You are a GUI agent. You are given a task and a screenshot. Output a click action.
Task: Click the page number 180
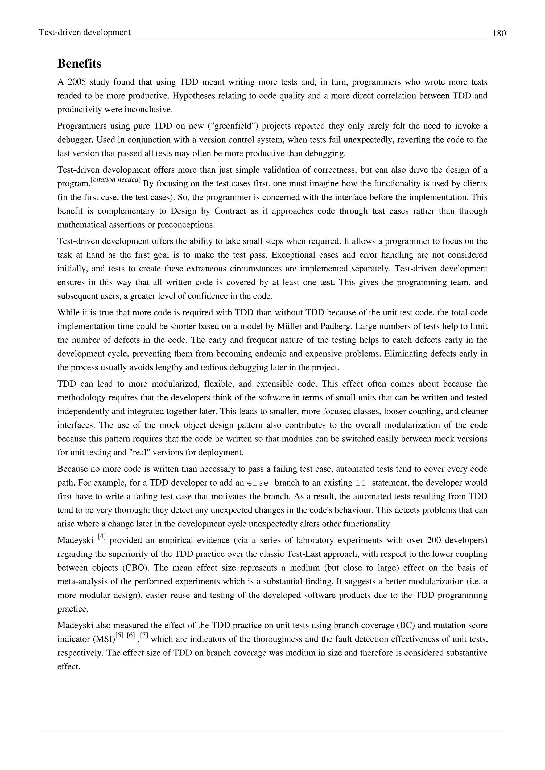(499, 33)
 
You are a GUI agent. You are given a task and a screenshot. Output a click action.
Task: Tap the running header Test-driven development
(85, 32)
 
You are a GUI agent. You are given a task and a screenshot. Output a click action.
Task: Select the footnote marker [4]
(102, 537)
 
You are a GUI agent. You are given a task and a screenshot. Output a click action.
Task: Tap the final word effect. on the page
(69, 666)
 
